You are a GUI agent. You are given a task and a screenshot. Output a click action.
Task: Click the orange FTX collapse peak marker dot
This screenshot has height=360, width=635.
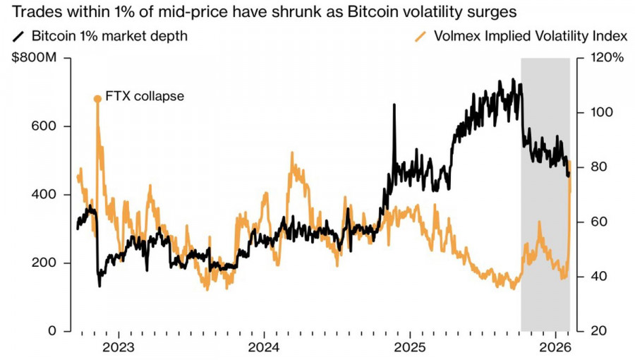pos(97,99)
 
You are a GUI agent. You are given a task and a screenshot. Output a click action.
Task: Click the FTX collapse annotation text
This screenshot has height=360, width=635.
pos(144,96)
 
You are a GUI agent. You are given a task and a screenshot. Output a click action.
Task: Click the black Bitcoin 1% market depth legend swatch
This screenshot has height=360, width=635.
pos(19,35)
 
